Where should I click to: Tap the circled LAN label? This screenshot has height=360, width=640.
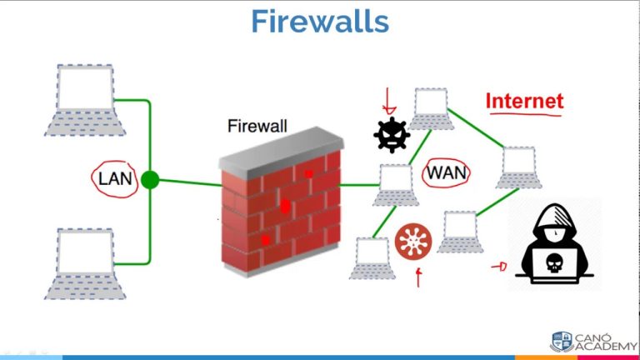coord(115,179)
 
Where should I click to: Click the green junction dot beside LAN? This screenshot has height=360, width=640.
coord(150,179)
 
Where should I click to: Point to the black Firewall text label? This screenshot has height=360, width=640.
coord(257,127)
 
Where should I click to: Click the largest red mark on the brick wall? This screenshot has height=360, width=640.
coord(285,205)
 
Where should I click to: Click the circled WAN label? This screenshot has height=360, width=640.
coord(447,173)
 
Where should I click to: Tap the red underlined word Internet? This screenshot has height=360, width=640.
coord(524,102)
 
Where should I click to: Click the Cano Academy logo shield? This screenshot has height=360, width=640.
coord(561,341)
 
